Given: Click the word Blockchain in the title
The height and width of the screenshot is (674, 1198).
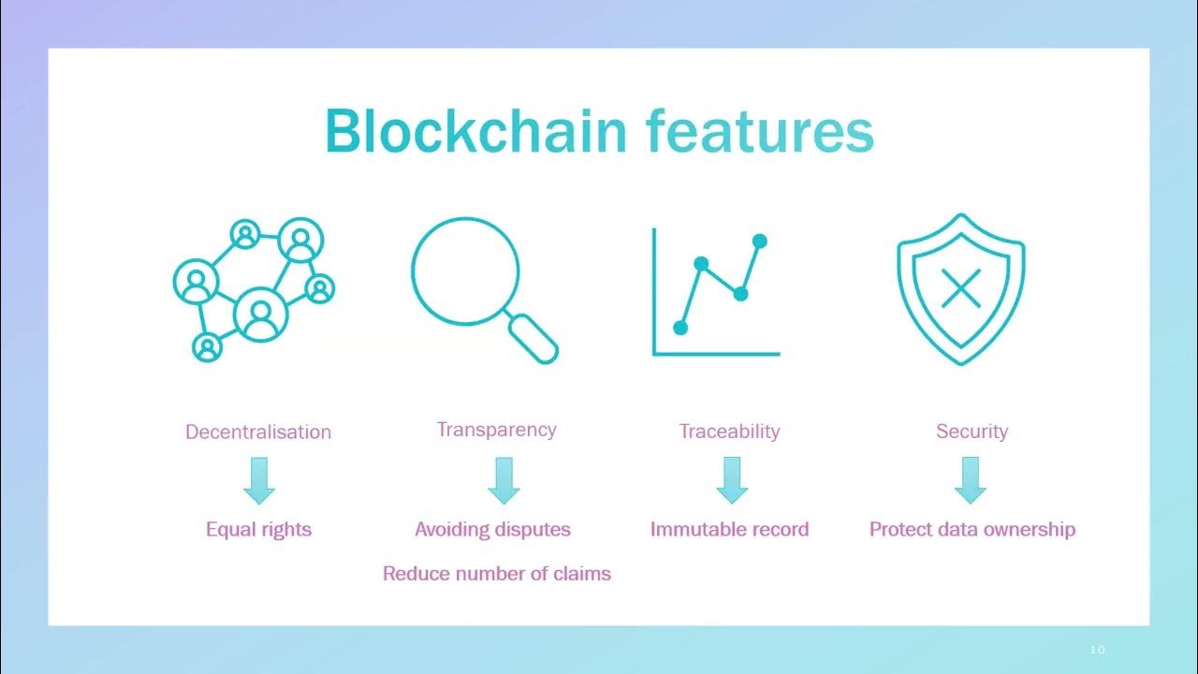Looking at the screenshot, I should pos(475,131).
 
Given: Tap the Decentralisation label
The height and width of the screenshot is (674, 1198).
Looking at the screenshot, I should pos(258,432).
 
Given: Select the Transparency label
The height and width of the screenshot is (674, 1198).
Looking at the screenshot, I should pos(496,430).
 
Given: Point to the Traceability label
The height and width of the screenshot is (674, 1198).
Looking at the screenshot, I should pos(729,432).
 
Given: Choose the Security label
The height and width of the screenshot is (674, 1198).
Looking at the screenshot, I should pos(972,432).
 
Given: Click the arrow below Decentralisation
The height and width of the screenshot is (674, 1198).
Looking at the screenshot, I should pos(258,480).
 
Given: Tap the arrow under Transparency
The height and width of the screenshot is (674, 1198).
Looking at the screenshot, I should pos(504,480).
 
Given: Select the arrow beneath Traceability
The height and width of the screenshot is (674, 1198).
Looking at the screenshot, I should pos(732,480).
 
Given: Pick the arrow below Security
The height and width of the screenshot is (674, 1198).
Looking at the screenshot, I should pos(971,480).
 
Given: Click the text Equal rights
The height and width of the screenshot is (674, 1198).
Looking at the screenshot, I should pos(258,529).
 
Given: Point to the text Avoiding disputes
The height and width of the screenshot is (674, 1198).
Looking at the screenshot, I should pos(492,529).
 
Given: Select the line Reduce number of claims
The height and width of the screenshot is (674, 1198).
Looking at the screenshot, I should pos(496,574).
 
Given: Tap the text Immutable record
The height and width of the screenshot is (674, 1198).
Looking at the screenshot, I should pos(729,529).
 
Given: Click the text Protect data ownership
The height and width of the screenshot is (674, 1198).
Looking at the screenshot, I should pos(972,529).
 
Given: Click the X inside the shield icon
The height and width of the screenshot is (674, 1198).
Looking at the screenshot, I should pos(960,287).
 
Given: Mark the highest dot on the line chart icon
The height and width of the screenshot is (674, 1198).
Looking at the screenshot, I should pos(760,242).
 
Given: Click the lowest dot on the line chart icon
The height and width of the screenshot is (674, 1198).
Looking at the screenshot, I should pos(680,328).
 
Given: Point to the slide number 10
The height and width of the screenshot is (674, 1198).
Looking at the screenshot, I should pos(1098,650).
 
